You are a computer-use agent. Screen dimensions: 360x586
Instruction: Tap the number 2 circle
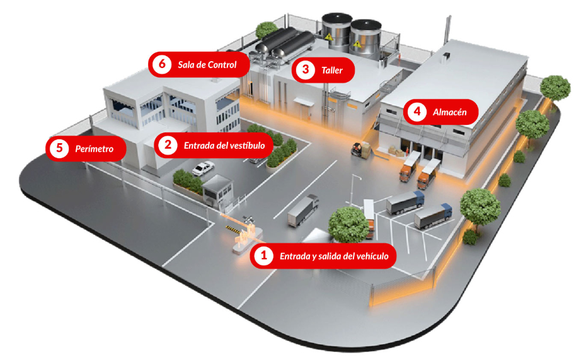168,145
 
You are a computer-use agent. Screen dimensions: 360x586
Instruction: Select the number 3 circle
306,69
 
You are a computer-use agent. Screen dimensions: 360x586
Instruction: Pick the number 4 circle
416,112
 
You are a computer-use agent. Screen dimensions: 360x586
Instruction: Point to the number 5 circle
59,149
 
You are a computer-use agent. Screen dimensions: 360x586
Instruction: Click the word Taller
332,70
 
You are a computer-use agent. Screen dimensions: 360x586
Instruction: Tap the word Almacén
449,112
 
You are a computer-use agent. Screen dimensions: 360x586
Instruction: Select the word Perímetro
94,149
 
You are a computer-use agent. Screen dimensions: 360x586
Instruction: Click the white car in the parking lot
203,168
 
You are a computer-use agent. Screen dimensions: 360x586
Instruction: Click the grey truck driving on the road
302,211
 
